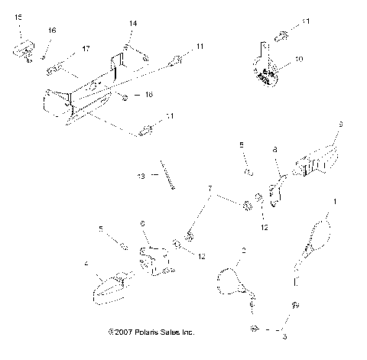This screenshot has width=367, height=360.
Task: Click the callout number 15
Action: click(x=19, y=16)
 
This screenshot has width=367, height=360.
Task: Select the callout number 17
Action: click(x=85, y=49)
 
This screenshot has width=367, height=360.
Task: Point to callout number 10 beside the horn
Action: click(x=298, y=58)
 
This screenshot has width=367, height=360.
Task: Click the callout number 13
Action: click(x=140, y=177)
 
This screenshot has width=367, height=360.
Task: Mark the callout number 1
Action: click(x=333, y=202)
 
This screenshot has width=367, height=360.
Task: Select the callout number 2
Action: click(x=243, y=251)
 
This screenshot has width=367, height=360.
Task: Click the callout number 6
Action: click(x=141, y=222)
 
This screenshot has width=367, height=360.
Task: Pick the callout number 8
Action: click(x=275, y=152)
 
